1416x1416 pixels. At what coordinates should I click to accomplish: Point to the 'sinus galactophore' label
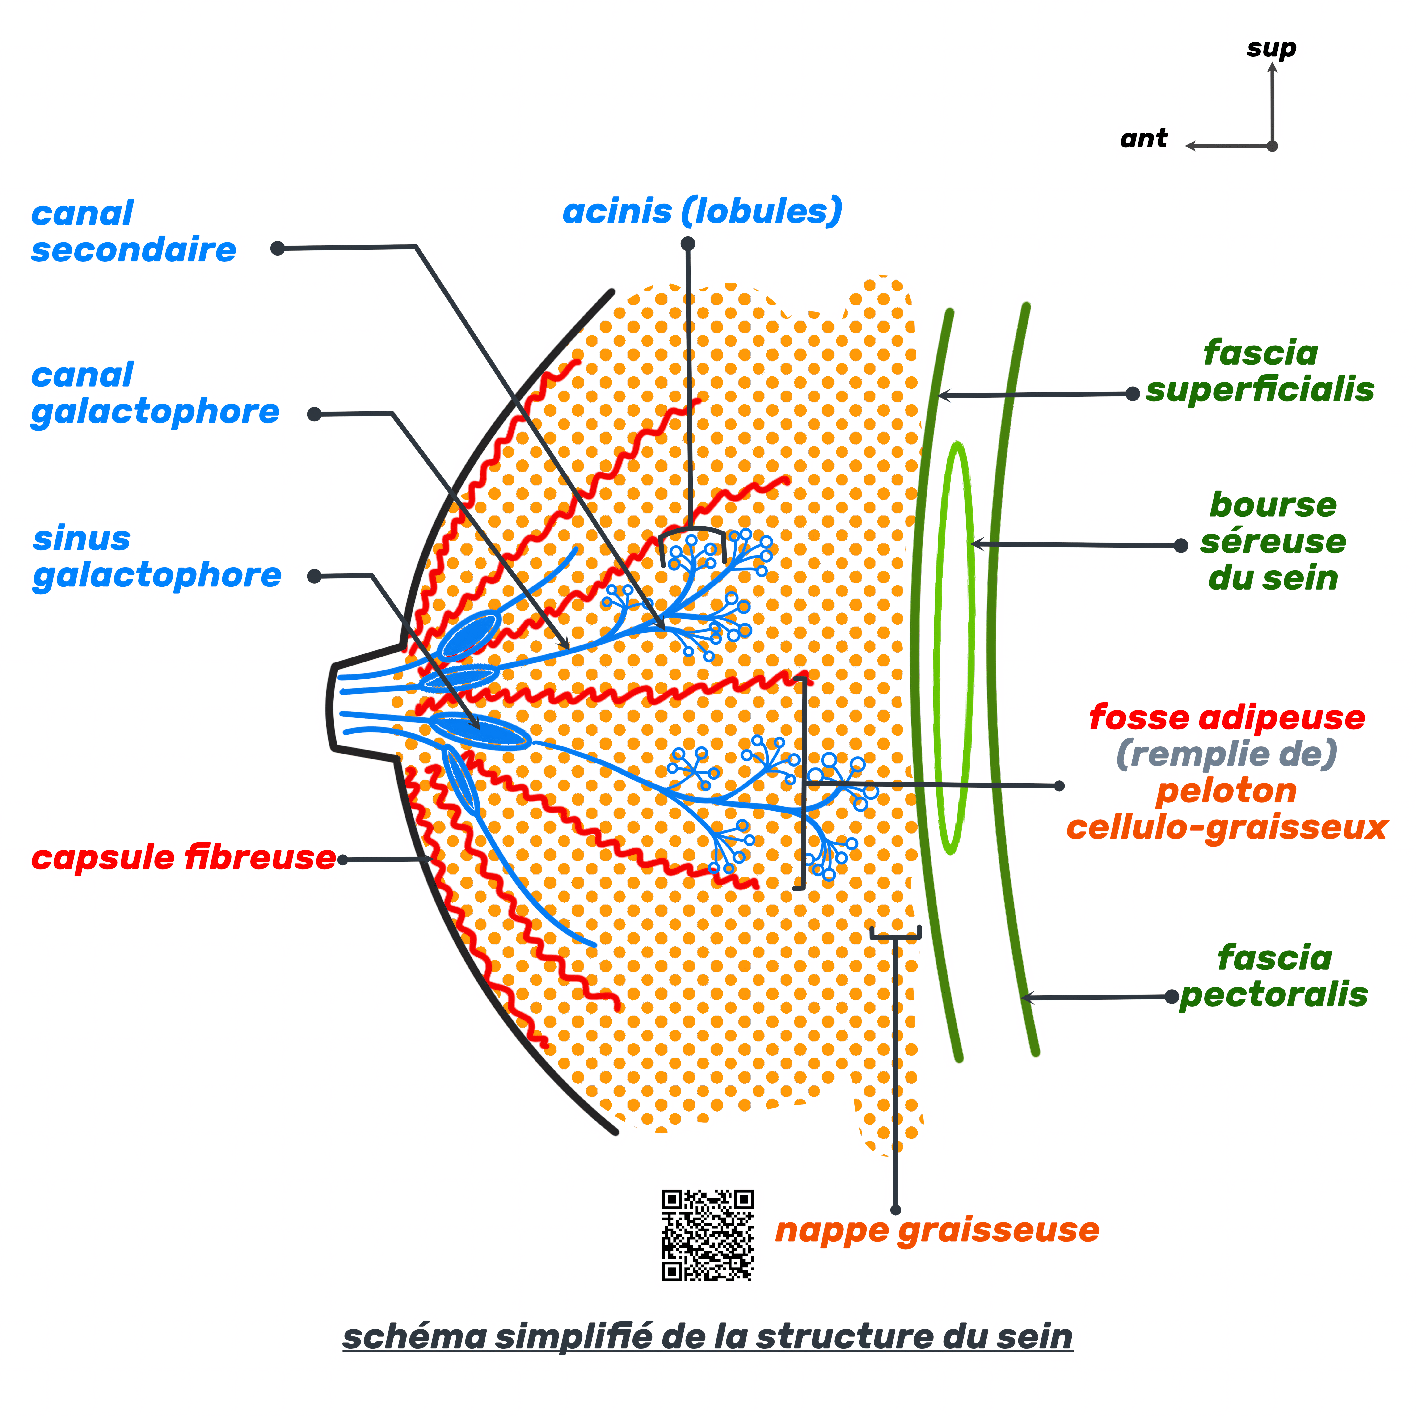click(156, 557)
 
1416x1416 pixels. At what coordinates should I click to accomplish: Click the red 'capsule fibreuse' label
click(183, 858)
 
